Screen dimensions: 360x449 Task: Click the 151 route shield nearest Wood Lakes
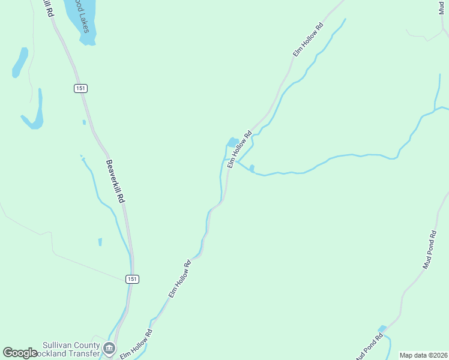pos(81,88)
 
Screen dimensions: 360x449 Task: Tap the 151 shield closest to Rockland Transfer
pos(132,279)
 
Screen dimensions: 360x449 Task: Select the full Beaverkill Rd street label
pos(115,181)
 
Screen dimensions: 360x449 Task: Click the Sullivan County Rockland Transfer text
pos(71,350)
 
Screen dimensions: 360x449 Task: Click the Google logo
pos(20,353)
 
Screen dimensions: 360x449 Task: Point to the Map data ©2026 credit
pos(423,355)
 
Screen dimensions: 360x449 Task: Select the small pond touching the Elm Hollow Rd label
pos(232,142)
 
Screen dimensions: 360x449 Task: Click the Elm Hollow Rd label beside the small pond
pos(239,145)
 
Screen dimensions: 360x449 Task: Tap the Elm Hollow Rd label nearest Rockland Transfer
pos(136,344)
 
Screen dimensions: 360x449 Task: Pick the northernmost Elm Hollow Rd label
pos(309,40)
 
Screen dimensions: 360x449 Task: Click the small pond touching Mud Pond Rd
pos(382,329)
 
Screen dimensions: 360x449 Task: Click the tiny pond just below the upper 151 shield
pos(84,122)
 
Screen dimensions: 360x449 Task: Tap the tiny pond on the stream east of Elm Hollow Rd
pos(252,167)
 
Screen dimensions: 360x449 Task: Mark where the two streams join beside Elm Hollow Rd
pos(237,161)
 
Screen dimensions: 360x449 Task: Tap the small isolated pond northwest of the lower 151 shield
pos(100,242)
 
